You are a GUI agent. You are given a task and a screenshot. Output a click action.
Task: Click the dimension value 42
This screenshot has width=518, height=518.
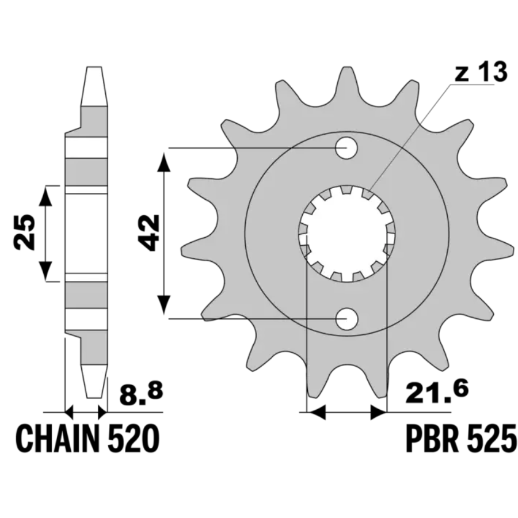(x=148, y=233)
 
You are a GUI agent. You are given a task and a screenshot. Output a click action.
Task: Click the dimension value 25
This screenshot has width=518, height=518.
(x=24, y=233)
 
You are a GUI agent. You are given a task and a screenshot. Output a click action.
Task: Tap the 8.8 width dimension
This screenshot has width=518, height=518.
(x=142, y=394)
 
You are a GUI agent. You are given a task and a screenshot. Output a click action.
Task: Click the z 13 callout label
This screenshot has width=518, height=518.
(x=481, y=73)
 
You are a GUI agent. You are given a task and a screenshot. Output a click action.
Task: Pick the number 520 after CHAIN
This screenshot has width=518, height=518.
(x=134, y=439)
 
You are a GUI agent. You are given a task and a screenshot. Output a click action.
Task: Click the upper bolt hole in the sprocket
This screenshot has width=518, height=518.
(x=346, y=148)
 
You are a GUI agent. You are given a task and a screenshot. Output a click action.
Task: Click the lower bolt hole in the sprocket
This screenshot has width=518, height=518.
(x=346, y=319)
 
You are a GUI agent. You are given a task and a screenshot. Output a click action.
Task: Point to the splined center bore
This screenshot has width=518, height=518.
(x=346, y=234)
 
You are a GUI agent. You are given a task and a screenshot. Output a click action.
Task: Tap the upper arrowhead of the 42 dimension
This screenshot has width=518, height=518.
(x=164, y=162)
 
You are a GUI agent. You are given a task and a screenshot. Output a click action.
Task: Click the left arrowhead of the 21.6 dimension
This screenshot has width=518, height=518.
(x=317, y=412)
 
